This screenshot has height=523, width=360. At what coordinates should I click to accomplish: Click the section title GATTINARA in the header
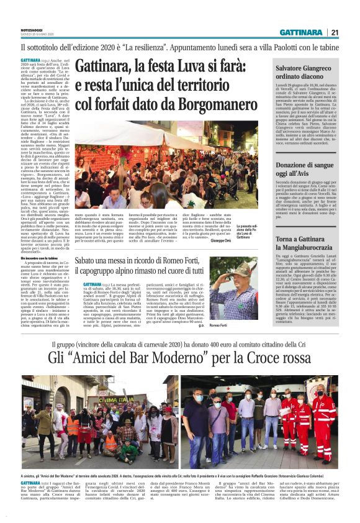coord(300,32)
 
